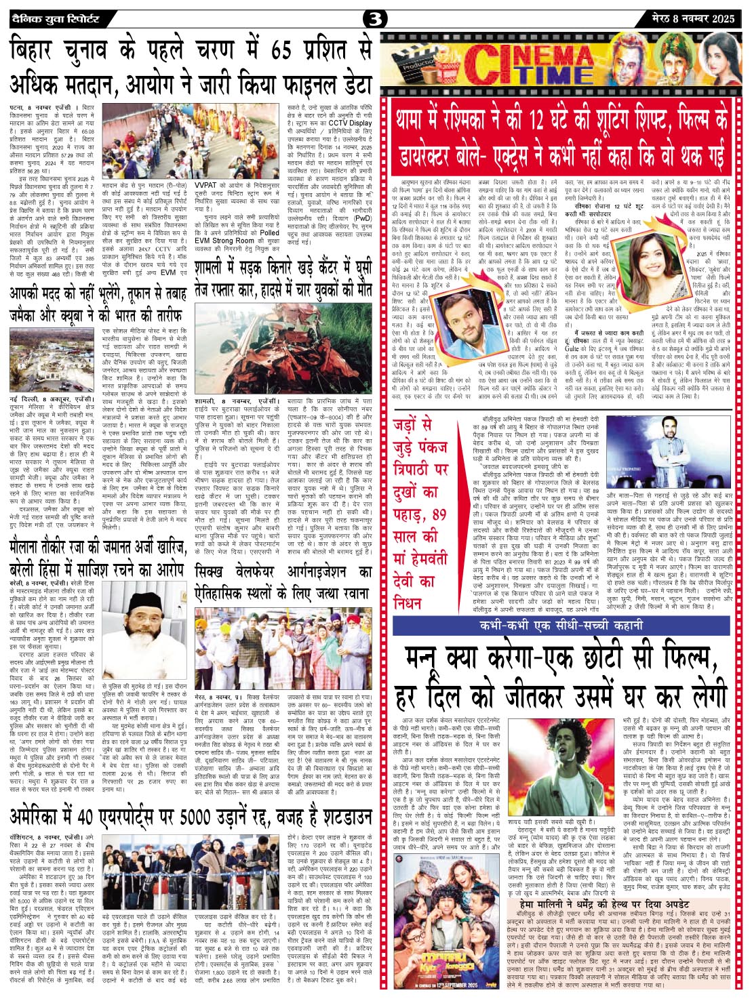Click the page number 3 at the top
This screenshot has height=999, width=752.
pos(375,19)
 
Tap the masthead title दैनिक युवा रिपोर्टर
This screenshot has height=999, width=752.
pos(55,18)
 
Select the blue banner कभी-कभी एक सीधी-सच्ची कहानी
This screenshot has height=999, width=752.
pos(561,626)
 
